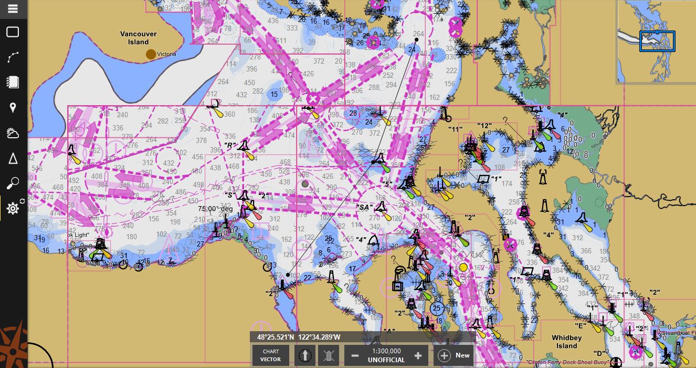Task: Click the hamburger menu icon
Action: click(13, 9)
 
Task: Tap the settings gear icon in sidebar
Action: click(13, 209)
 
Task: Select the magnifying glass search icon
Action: click(13, 183)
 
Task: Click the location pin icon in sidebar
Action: click(13, 108)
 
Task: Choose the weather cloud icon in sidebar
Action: click(13, 133)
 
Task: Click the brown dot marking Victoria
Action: click(151, 54)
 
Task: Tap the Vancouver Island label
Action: click(139, 38)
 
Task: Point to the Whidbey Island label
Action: click(566, 342)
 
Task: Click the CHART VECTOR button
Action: click(271, 355)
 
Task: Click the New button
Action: click(455, 355)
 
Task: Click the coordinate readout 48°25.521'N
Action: click(276, 337)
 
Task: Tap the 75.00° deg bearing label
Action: click(215, 209)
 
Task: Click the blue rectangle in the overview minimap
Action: click(657, 41)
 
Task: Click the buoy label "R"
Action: click(229, 145)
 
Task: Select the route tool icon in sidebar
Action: click(13, 57)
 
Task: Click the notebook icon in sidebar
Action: click(13, 83)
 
